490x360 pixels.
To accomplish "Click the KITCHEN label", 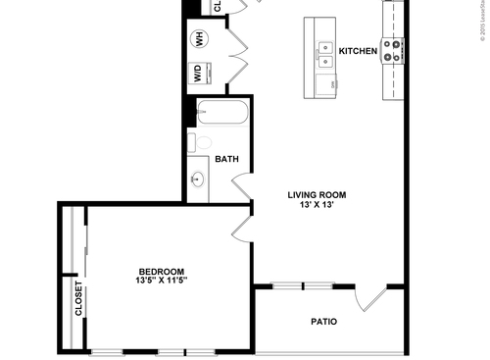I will (358, 50).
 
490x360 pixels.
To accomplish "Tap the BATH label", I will (226, 159).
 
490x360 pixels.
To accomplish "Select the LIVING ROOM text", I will (317, 194).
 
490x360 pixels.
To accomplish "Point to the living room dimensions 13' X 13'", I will (317, 206).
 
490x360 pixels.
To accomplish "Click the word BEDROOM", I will (161, 272).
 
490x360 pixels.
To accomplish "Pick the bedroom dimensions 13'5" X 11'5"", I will (161, 282).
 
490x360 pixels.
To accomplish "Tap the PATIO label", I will (324, 321).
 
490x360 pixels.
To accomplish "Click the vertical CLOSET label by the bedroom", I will (76, 298).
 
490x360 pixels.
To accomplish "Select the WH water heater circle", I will (198, 38).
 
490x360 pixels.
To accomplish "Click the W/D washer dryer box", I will (199, 74).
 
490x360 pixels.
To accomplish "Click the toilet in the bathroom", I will (202, 143).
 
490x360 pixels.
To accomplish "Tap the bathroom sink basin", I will (199, 180).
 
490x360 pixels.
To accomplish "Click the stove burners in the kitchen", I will (394, 51).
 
